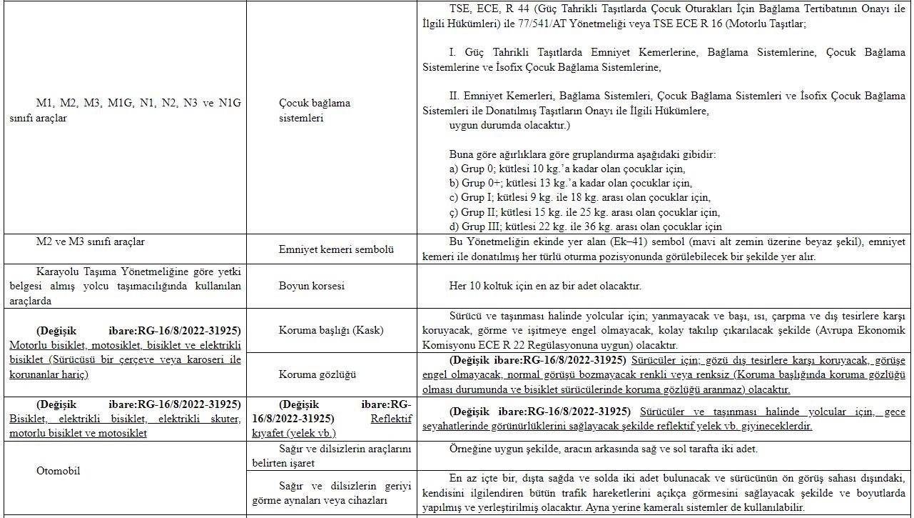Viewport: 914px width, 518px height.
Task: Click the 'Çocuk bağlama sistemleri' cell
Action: (x=314, y=110)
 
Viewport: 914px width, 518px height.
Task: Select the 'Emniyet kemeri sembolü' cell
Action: (x=335, y=249)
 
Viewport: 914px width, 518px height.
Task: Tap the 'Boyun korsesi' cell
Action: (x=311, y=286)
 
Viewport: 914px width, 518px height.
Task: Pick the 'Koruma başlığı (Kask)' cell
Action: (x=330, y=330)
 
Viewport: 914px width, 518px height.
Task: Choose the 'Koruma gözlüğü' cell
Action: (x=317, y=374)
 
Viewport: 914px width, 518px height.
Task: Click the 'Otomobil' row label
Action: (x=58, y=471)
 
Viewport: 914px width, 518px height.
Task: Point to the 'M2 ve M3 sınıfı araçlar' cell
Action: (x=91, y=241)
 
